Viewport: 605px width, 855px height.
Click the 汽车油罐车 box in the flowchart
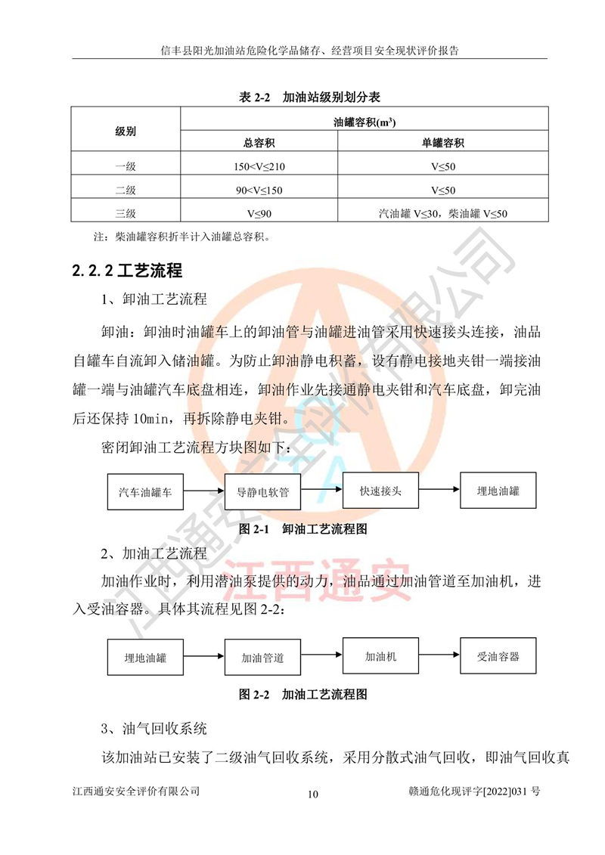(x=146, y=491)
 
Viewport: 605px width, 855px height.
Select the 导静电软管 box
(x=263, y=492)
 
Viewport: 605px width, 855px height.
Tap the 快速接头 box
(x=381, y=491)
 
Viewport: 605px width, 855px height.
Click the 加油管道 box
(x=263, y=658)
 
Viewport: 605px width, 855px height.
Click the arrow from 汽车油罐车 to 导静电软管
(x=206, y=491)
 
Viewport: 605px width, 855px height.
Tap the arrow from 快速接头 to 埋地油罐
(x=439, y=491)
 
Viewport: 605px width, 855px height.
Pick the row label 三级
(x=126, y=213)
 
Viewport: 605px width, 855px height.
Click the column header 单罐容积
(x=442, y=143)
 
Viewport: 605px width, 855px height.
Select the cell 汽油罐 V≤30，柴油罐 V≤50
(x=442, y=213)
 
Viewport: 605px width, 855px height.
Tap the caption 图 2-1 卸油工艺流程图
(x=302, y=529)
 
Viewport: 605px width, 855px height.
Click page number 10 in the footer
(x=314, y=795)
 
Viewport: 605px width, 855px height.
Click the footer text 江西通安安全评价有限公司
(x=136, y=791)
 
